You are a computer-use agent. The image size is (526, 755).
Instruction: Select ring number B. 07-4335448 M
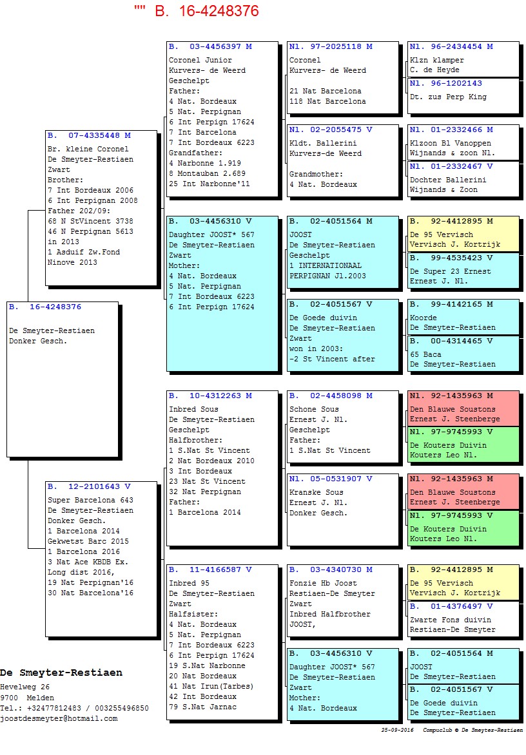click(x=89, y=136)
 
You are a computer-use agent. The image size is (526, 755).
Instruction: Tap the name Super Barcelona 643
click(x=90, y=501)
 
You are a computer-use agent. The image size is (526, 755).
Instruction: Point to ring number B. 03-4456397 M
click(x=210, y=47)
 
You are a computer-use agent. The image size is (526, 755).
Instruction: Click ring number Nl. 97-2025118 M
click(x=331, y=47)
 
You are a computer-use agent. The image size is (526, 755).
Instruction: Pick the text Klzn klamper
click(x=437, y=60)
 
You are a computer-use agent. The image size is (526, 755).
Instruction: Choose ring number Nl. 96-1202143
click(x=445, y=83)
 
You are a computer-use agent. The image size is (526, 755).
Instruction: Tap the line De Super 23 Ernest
click(x=451, y=272)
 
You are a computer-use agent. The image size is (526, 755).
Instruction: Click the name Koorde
click(x=424, y=318)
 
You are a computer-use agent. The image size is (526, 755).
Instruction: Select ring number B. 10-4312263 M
click(x=210, y=396)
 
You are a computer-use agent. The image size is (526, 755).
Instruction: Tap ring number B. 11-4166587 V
click(x=210, y=569)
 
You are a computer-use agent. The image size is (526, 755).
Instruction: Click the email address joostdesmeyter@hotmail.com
click(x=59, y=719)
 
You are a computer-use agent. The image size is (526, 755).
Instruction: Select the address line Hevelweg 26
click(x=24, y=687)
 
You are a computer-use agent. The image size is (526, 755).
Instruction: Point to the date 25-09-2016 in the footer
click(x=397, y=730)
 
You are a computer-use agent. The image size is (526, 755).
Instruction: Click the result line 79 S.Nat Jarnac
click(x=203, y=707)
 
